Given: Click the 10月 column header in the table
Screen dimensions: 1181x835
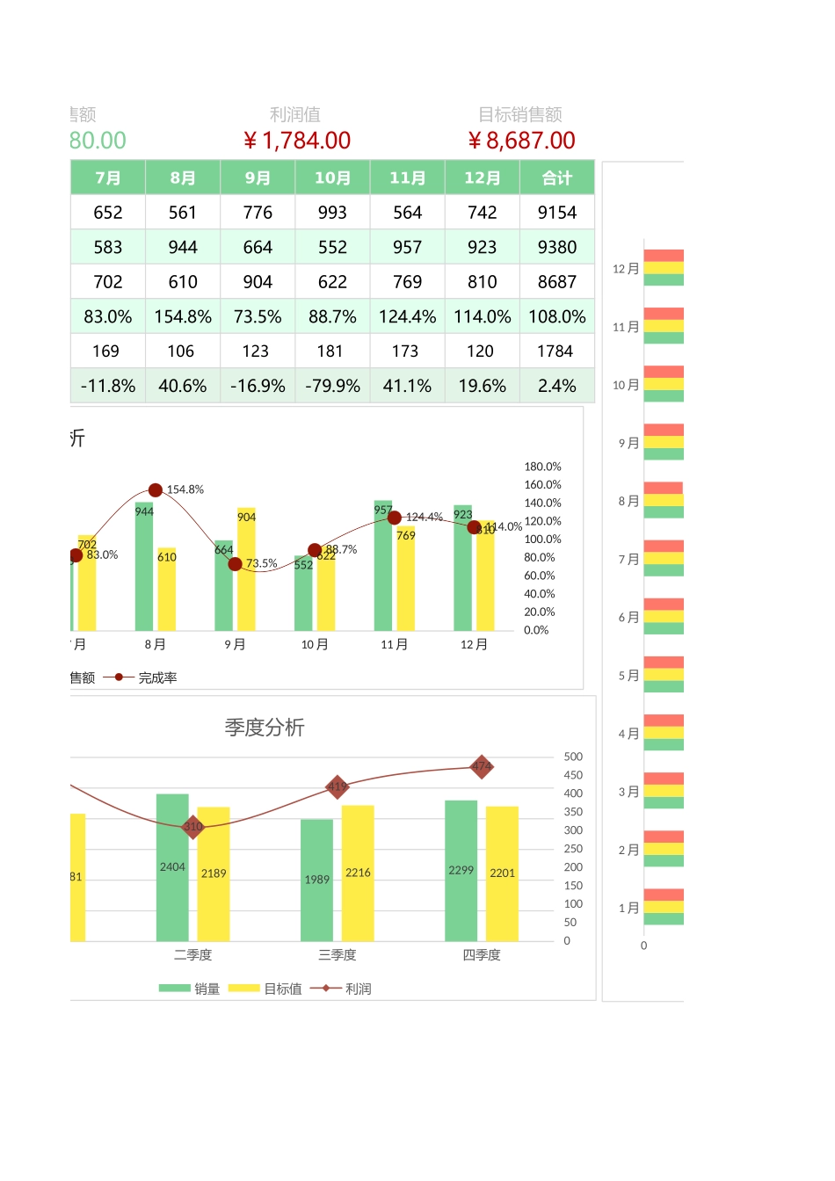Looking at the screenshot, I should pyautogui.click(x=332, y=178).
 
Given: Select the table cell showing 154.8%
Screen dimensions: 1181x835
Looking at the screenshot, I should pyautogui.click(x=183, y=316).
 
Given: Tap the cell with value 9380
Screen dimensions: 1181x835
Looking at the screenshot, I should pyautogui.click(x=557, y=247).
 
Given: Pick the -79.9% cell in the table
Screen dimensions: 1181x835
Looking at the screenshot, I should pyautogui.click(x=332, y=386).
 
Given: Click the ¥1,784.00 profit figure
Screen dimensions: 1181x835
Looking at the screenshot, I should pyautogui.click(x=297, y=141).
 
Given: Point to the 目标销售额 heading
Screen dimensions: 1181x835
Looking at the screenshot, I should pyautogui.click(x=520, y=114).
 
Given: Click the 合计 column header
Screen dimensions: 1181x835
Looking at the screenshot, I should pyautogui.click(x=557, y=178).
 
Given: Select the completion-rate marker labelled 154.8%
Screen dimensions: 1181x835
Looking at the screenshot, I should pyautogui.click(x=156, y=490).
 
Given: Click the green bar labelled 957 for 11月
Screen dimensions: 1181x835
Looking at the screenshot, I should pyautogui.click(x=383, y=571).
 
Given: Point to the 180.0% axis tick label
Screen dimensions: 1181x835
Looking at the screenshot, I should pyautogui.click(x=542, y=467).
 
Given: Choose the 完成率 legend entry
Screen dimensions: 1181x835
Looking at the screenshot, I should pyautogui.click(x=157, y=677).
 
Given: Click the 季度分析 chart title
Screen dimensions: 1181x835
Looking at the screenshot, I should pyautogui.click(x=265, y=728).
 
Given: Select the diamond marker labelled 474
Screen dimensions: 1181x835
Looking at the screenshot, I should pyautogui.click(x=481, y=767).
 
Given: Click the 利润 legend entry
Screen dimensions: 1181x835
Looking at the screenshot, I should pyautogui.click(x=358, y=989).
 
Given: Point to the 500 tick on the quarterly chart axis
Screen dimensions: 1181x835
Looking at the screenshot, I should pyautogui.click(x=573, y=757).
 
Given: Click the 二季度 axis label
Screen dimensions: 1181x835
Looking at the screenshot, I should pyautogui.click(x=192, y=954).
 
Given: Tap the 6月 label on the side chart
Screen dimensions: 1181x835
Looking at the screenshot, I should pyautogui.click(x=628, y=618).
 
